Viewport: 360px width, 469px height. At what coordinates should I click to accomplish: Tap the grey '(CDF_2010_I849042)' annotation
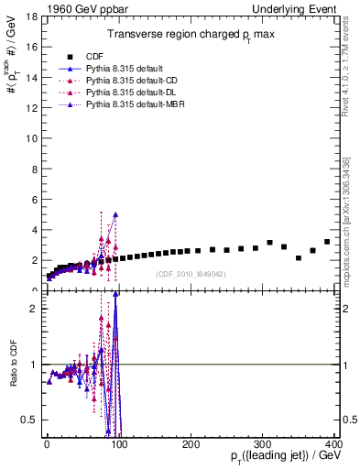coord(191,274)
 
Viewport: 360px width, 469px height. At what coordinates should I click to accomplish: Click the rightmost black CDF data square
coord(327,242)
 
